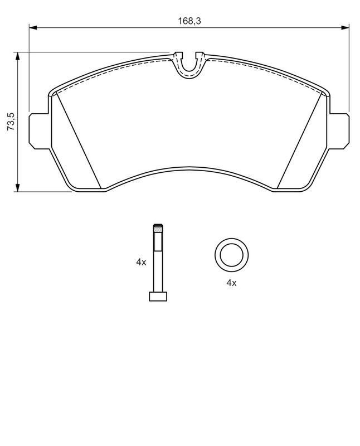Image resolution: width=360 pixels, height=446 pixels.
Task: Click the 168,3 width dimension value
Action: pos(189,21)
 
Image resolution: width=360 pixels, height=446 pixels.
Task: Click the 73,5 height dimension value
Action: pos(11,122)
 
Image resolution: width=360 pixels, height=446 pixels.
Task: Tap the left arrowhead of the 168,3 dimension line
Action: pos(33,27)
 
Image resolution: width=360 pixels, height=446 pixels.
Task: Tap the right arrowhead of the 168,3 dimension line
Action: pos(345,27)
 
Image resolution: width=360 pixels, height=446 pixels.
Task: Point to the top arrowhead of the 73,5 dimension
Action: pos(18,56)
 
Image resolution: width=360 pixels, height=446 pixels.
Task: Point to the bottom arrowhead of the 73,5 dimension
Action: pos(18,188)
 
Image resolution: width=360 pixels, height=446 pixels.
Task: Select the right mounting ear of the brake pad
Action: pos(339,131)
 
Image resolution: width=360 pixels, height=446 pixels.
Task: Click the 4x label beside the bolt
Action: pos(141,262)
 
